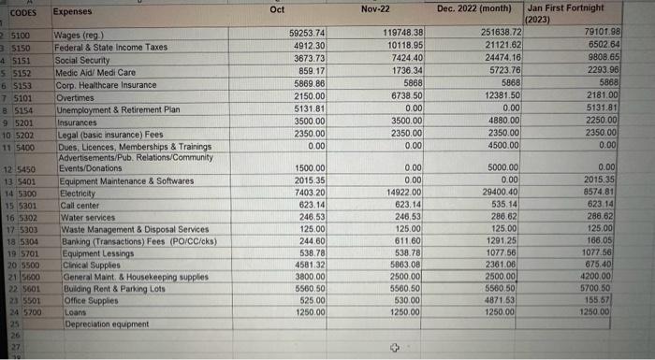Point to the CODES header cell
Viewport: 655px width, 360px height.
pos(23,12)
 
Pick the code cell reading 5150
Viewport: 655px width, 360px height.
pos(23,46)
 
